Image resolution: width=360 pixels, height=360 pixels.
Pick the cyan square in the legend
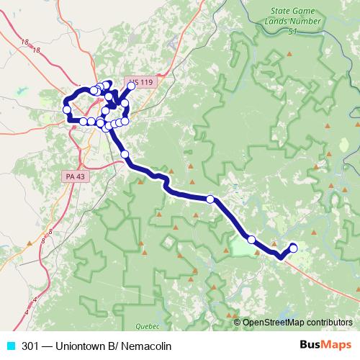tap(10, 345)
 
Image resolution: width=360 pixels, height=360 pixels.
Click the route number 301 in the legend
tap(31, 345)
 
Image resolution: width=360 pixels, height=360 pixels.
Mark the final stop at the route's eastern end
tap(293, 248)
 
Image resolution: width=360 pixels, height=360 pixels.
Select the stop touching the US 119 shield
tap(131, 86)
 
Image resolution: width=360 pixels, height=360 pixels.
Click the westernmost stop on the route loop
tap(67, 109)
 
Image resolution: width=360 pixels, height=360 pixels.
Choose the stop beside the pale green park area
tap(252, 240)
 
